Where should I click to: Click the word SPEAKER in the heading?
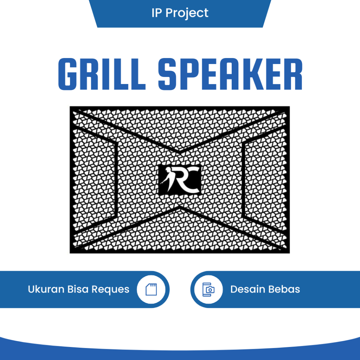(230, 74)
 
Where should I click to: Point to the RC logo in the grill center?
(180, 179)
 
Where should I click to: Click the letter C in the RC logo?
(192, 180)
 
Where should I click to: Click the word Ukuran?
(46, 289)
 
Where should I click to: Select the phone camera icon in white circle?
(208, 289)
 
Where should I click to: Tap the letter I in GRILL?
(111, 74)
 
